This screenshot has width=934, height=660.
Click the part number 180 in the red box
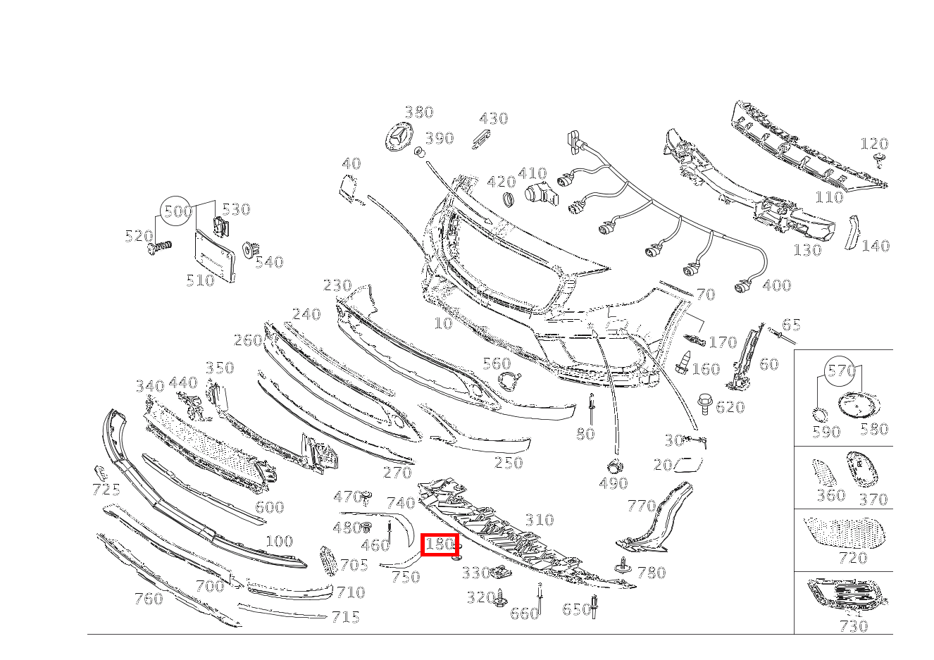pos(439,544)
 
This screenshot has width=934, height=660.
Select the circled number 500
pos(176,211)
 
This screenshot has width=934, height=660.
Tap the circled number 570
pos(840,371)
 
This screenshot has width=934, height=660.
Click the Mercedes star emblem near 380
pos(399,137)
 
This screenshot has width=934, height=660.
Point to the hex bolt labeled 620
pos(704,403)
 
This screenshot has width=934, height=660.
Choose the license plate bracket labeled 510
pos(214,256)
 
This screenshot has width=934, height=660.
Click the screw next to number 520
pos(159,248)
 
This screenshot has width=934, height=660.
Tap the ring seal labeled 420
pos(509,199)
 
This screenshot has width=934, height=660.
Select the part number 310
pos(540,520)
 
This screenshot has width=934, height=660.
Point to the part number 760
pos(149,599)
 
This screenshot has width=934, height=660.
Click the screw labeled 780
pos(623,566)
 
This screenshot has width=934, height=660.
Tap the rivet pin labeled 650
pos(594,606)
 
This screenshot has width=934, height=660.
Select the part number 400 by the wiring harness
pos(777,285)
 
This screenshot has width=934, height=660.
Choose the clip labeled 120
pos(879,161)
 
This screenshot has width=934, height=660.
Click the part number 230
pos(337,285)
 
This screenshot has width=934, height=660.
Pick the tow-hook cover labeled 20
pos(688,464)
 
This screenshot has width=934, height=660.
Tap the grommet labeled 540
pos(251,250)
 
